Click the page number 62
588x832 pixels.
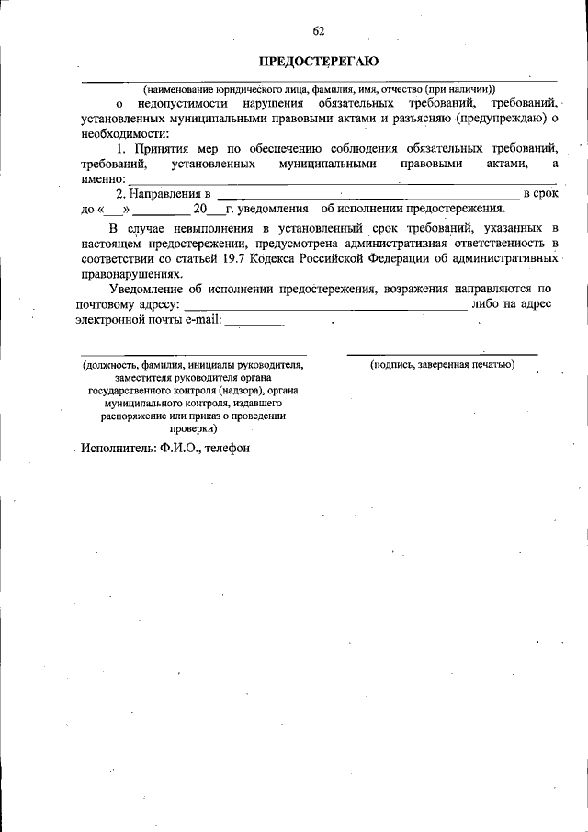tap(319, 29)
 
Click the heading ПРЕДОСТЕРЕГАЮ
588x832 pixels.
tap(318, 62)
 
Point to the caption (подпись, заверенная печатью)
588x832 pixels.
tap(442, 365)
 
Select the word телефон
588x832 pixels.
tap(224, 447)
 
